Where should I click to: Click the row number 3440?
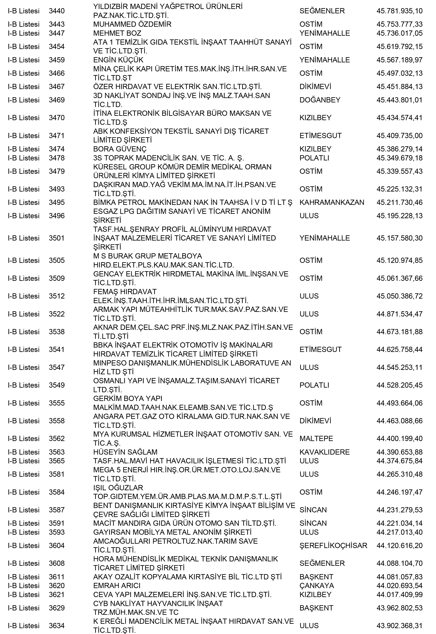[x=57, y=11]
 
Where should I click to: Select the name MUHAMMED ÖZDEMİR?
[x=132, y=24]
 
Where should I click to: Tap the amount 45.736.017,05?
[x=399, y=33]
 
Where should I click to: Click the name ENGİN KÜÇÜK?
[x=118, y=60]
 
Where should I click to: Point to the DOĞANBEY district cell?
[x=320, y=100]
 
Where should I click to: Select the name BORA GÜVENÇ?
[x=120, y=149]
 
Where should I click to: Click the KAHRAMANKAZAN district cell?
[x=332, y=202]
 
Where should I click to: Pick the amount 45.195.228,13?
[x=399, y=216]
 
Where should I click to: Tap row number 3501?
[x=57, y=238]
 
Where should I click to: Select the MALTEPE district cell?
[x=316, y=439]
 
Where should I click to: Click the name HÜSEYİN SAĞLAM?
[x=125, y=452]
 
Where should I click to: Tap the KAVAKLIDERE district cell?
[x=324, y=452]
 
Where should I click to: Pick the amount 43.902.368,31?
[x=399, y=625]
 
